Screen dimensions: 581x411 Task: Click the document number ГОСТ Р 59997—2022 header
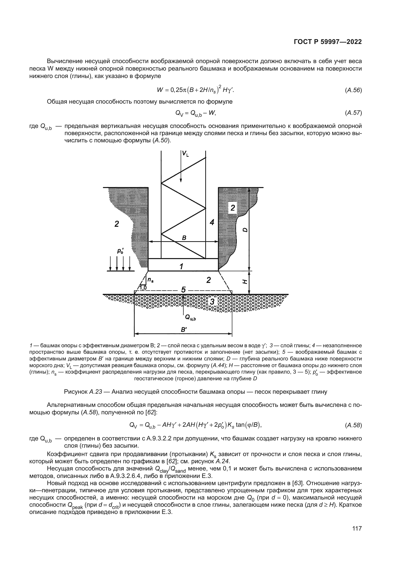(x=328, y=42)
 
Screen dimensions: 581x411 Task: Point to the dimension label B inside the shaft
(x=184, y=238)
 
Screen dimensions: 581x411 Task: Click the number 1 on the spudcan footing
(x=181, y=267)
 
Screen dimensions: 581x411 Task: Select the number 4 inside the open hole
(x=212, y=222)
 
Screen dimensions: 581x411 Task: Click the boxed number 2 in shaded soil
(x=232, y=208)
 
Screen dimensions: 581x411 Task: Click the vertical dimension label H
(x=245, y=281)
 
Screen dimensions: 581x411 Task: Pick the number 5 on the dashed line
(x=183, y=290)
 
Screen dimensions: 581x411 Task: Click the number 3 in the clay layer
(x=212, y=302)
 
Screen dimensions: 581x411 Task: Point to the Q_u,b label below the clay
(x=191, y=317)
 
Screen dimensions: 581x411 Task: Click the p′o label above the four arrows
(x=120, y=251)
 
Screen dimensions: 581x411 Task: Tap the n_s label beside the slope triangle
(x=150, y=280)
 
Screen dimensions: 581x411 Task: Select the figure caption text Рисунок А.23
(x=83, y=392)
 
